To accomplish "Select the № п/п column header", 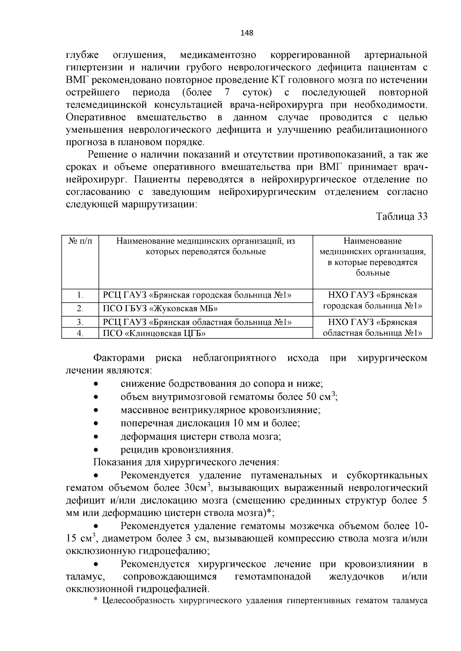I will (x=80, y=241).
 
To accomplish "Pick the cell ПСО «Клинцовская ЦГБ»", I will (x=154, y=333).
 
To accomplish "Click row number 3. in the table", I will (x=80, y=322).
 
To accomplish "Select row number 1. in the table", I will (x=80, y=295).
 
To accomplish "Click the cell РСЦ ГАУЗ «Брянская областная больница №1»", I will (x=197, y=322).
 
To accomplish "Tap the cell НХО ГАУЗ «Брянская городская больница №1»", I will (x=372, y=301).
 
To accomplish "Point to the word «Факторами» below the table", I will (x=119, y=358).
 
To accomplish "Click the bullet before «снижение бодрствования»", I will (x=97, y=384).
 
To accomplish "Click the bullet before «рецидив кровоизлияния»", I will (x=97, y=450).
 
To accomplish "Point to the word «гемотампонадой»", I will (x=272, y=577).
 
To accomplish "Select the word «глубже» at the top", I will (x=83, y=55).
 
